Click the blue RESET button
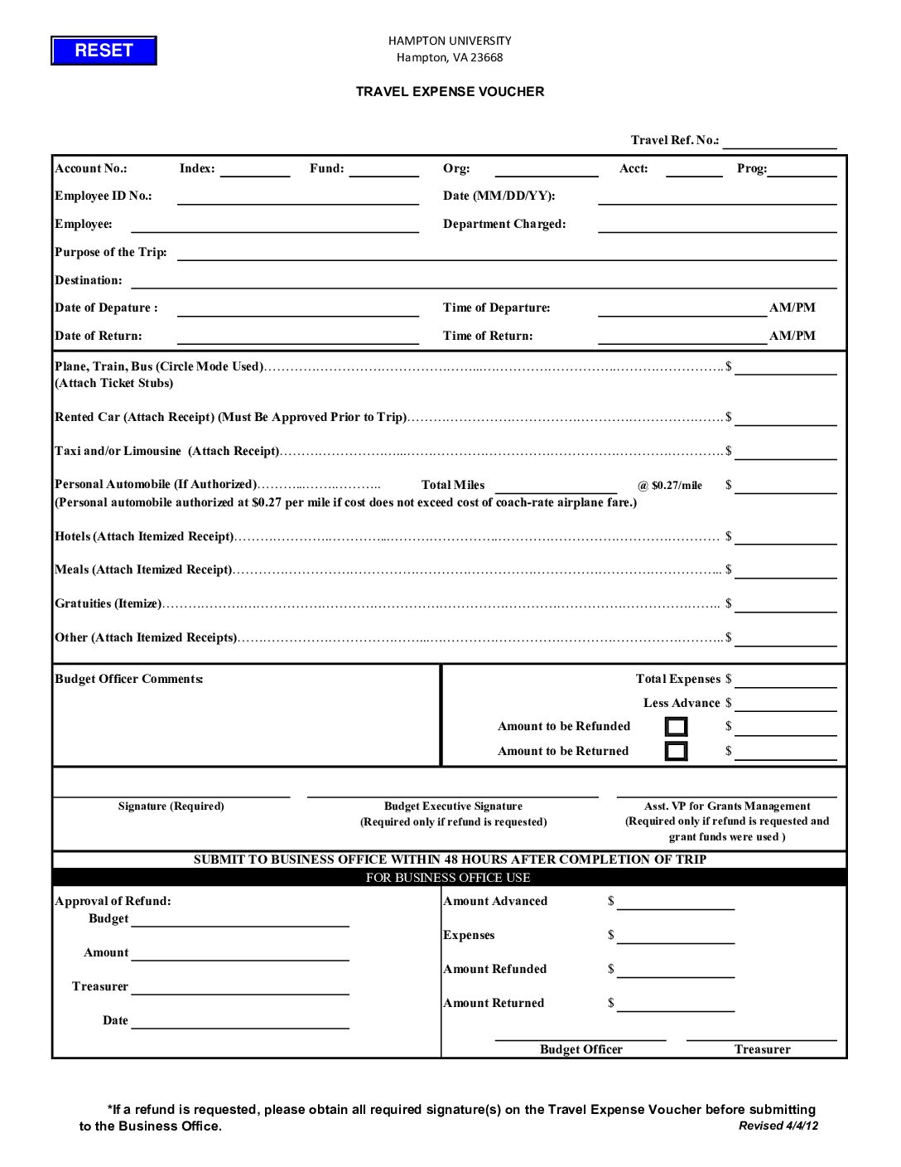(104, 51)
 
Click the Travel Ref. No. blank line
(779, 142)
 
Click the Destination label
(89, 280)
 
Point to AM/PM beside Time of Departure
(792, 307)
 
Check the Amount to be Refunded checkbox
(677, 727)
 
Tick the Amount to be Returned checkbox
(677, 751)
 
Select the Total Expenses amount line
(785, 680)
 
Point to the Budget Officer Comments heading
(129, 679)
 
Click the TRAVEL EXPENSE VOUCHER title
(450, 92)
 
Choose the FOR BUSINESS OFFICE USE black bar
(449, 877)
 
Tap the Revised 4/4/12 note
(778, 1126)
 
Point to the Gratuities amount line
(785, 605)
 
